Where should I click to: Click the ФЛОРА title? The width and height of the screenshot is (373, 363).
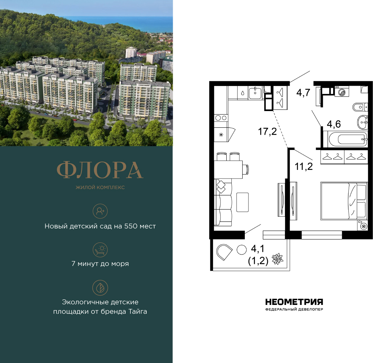[x=100, y=170]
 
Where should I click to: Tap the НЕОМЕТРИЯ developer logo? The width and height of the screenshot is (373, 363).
[x=294, y=302]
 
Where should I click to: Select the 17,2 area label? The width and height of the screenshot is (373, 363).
[x=268, y=131]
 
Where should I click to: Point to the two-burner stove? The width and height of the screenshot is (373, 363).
[x=221, y=118]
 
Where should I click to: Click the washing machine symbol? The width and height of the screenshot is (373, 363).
[x=341, y=92]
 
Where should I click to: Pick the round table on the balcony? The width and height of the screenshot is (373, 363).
[x=241, y=250]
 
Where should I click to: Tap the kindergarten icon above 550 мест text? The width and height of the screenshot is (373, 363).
[x=100, y=211]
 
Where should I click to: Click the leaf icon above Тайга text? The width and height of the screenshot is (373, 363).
[x=100, y=287]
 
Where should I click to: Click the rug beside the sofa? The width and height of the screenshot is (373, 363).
[x=243, y=202]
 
